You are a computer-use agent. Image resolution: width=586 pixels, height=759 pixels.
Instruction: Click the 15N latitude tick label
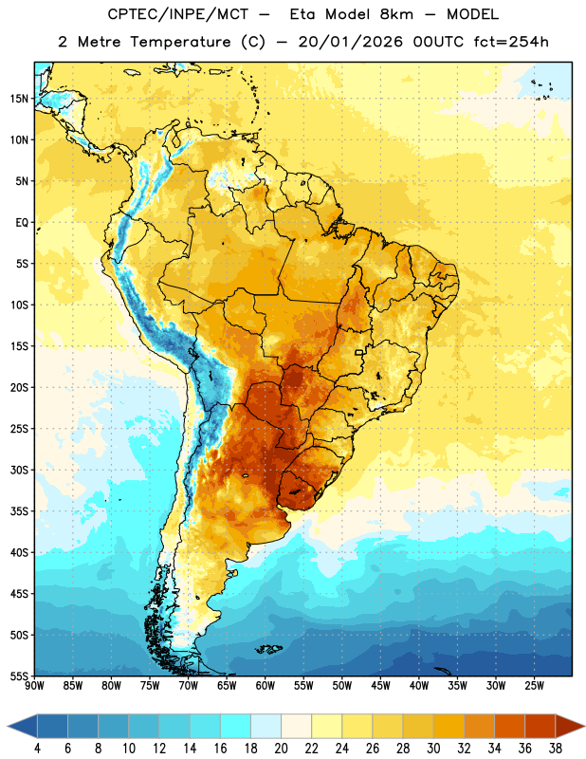19,99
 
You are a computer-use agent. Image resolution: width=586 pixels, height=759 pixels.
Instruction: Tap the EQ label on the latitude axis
22,223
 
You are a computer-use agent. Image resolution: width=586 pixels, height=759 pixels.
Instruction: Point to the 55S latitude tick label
19,676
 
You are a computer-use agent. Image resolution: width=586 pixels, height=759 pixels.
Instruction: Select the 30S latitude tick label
19,470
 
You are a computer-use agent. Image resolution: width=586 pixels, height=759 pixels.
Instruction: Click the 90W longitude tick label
34,686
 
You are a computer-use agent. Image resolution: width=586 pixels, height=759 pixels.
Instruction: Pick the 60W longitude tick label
266,686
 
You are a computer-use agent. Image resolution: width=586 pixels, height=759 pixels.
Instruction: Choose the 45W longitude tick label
380,686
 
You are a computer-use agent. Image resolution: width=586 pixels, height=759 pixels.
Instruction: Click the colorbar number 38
555,749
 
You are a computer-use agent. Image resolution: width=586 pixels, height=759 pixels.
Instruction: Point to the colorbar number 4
37,749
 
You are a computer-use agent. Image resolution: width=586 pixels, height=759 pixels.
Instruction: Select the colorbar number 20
281,749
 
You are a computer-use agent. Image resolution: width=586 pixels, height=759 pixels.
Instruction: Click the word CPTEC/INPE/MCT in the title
177,14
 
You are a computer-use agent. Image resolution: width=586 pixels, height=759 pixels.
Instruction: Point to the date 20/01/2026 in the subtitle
350,42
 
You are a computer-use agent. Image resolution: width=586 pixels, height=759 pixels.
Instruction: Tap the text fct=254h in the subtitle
511,42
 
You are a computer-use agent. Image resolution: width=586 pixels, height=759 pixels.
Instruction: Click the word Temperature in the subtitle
180,42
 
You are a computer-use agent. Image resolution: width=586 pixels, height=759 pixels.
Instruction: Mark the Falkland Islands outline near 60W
269,650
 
